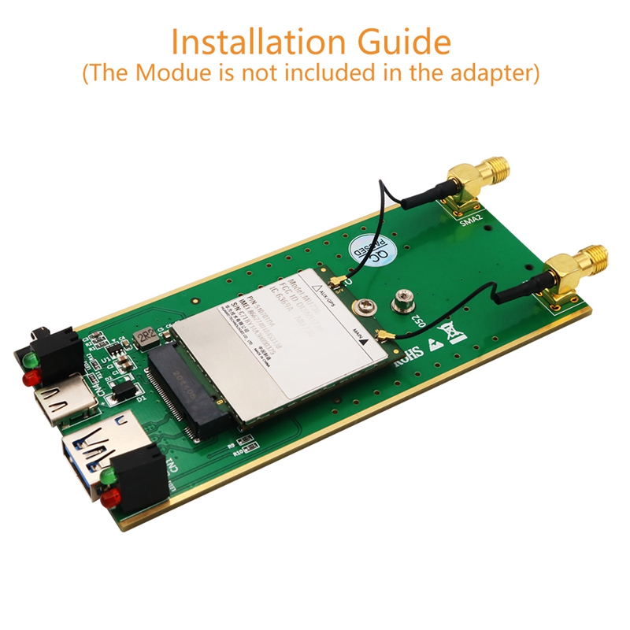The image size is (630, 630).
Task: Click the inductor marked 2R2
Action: [x=146, y=337]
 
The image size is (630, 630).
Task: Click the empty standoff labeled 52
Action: [x=399, y=299]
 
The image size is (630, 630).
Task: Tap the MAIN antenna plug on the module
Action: [x=387, y=338]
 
